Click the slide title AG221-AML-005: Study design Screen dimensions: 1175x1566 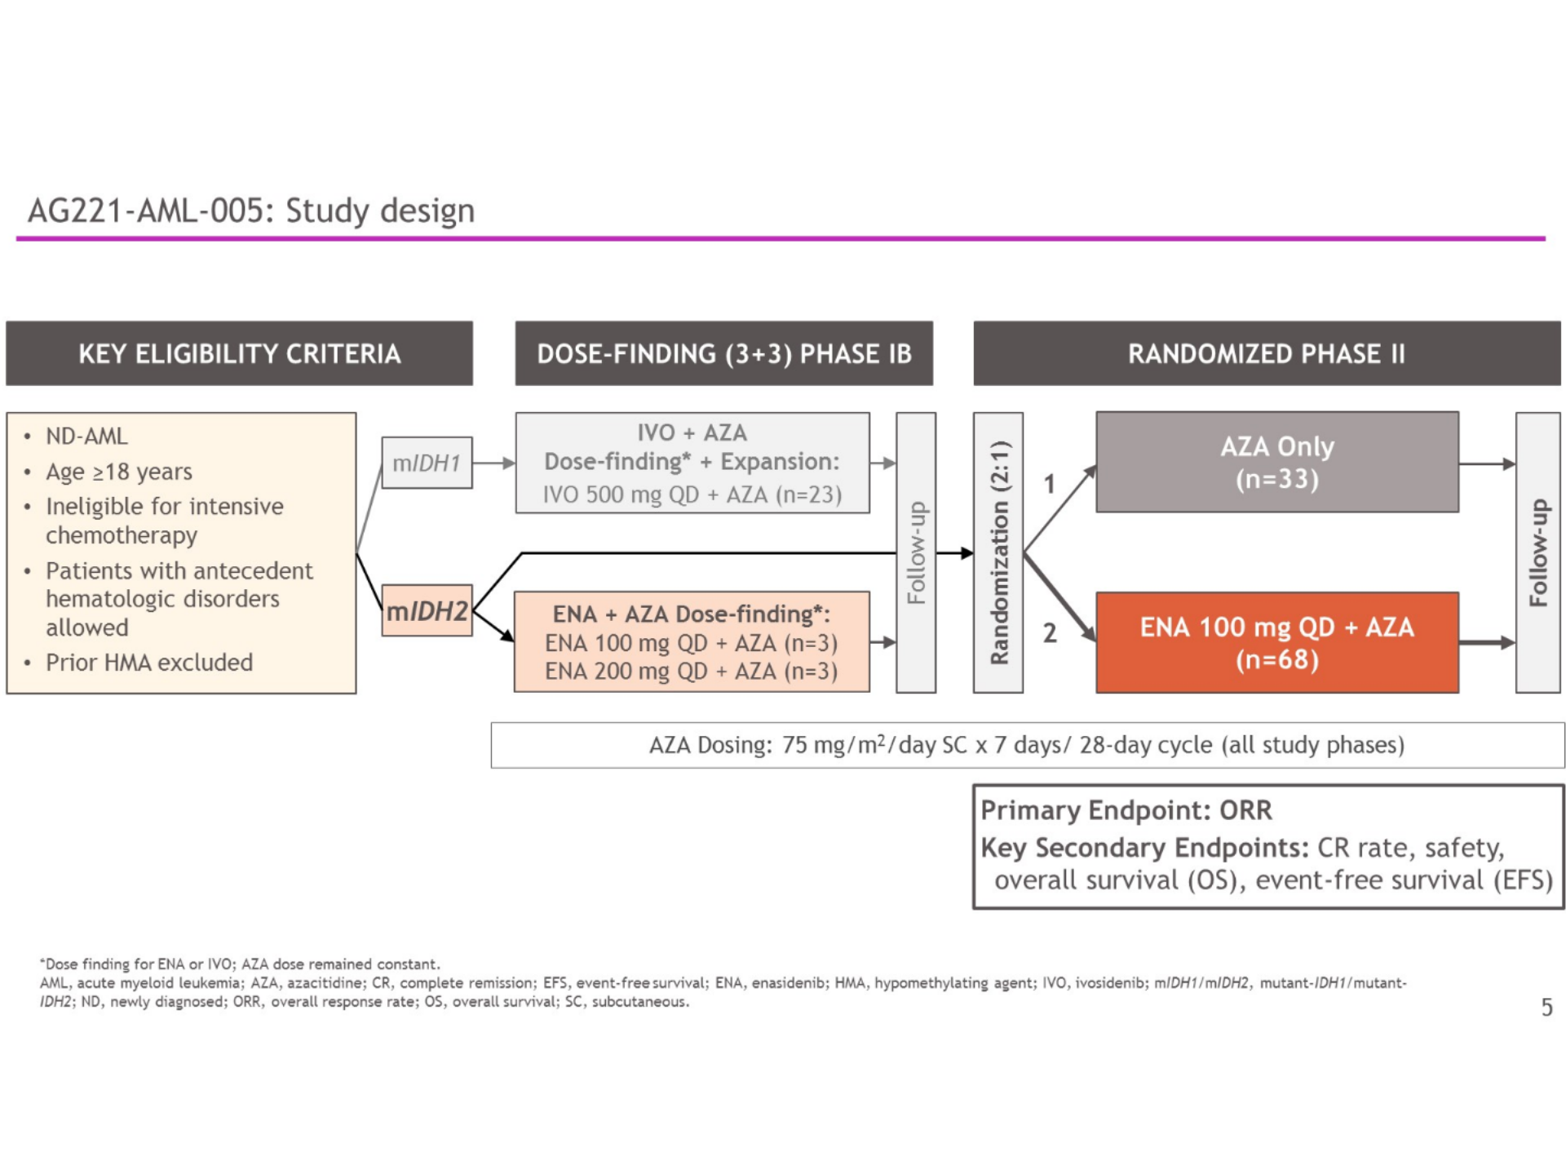[x=251, y=211]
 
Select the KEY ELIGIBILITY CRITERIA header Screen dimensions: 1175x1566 [x=239, y=353]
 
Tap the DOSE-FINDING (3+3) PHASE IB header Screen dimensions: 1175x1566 [x=723, y=353]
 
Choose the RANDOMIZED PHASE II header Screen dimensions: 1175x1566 [x=1266, y=353]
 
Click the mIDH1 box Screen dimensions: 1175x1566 [x=427, y=463]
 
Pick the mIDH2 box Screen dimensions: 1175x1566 [x=427, y=610]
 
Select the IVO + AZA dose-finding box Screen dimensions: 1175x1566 [x=692, y=463]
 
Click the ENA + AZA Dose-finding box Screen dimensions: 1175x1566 [x=692, y=642]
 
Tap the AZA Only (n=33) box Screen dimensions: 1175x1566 [x=1276, y=463]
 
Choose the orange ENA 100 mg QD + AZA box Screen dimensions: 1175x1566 [x=1276, y=643]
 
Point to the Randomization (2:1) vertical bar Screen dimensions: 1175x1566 [x=998, y=552]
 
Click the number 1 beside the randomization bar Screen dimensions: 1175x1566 [x=1050, y=485]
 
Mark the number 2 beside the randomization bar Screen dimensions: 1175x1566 [x=1050, y=633]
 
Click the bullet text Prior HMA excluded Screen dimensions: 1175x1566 [x=149, y=663]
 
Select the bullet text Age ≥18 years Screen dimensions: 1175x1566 [x=119, y=472]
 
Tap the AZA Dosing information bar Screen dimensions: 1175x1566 [x=1027, y=745]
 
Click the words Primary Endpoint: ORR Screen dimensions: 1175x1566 [x=1126, y=810]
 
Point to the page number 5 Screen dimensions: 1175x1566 [x=1546, y=1008]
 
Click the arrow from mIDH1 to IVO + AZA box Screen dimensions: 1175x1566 [x=493, y=463]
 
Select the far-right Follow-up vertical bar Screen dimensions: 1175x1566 [x=1537, y=552]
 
